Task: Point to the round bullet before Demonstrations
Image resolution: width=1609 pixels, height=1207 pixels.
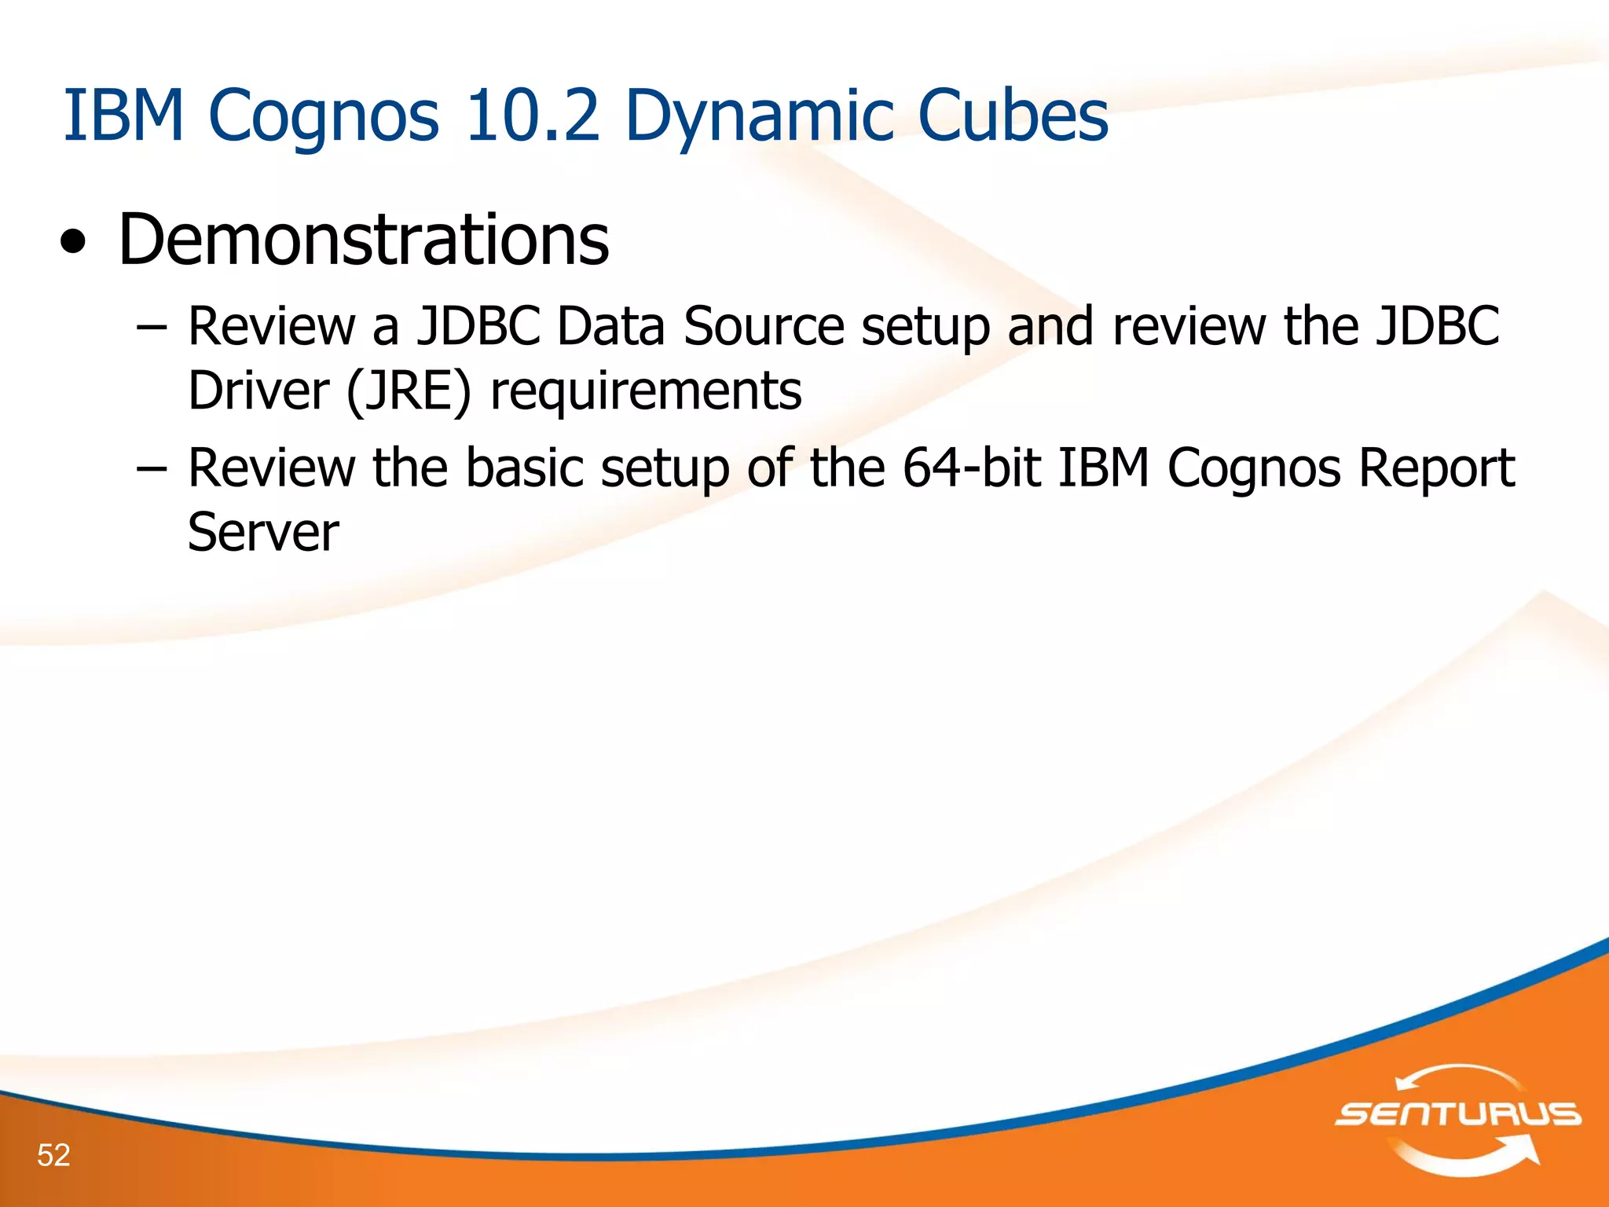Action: point(73,244)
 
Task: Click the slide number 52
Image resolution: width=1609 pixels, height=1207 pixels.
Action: point(53,1154)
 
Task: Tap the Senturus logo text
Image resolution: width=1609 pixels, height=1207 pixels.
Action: point(1458,1113)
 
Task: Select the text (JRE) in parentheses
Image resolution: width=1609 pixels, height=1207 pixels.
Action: point(408,391)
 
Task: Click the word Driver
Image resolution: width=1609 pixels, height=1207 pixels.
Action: point(258,391)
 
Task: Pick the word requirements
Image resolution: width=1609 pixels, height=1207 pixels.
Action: point(646,392)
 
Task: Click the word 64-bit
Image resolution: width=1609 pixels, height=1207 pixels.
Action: point(972,468)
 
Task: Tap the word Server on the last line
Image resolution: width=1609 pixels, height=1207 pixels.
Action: point(263,532)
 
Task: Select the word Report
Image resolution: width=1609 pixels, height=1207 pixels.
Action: point(1436,469)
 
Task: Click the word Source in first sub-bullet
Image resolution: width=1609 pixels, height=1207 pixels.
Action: point(763,326)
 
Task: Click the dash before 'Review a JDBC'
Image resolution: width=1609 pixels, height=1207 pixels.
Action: point(151,326)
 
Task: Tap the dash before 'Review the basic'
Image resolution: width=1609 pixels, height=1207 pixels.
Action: point(151,468)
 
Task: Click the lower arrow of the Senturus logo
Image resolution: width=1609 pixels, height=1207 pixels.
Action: point(1469,1158)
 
